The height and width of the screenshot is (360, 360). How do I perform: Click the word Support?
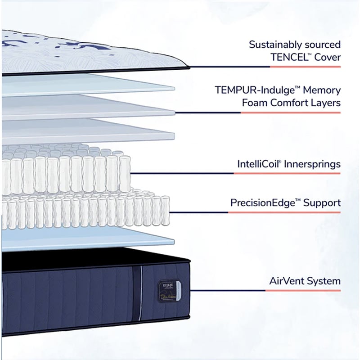click(322, 202)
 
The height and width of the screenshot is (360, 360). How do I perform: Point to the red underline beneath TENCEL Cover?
click(305, 67)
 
